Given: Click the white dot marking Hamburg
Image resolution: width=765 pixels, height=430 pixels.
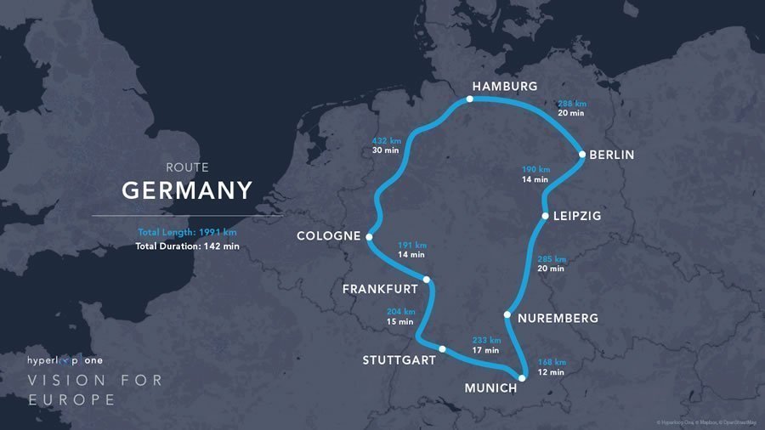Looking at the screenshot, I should point(468,99).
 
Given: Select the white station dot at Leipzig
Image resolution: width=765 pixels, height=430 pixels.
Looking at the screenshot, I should point(545,216).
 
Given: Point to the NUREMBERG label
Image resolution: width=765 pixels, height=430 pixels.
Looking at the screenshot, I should point(558,319).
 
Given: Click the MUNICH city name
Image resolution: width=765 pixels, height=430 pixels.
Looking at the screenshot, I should point(490,388).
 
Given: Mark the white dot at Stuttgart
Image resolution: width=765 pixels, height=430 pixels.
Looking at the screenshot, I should point(442,348).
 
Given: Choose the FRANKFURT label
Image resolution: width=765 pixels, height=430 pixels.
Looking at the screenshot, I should point(380,289).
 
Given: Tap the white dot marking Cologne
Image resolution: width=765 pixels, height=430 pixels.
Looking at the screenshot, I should point(369,237).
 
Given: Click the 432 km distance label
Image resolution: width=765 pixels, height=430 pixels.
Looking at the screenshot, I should point(385,140).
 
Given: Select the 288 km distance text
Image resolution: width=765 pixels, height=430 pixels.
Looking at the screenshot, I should point(572,104).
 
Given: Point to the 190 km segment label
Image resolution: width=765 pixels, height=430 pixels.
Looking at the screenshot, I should point(535,169).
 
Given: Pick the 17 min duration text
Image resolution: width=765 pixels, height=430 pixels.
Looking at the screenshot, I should point(486,350).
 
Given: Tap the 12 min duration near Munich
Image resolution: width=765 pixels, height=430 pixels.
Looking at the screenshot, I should point(551,372).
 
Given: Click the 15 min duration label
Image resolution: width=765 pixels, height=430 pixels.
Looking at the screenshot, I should point(400,321).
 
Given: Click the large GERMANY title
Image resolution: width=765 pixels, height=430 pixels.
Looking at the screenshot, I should point(187,190).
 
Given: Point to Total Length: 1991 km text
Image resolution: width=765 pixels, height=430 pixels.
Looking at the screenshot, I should point(187,232).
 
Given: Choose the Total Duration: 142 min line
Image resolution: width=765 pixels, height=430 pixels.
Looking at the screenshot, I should point(187,246).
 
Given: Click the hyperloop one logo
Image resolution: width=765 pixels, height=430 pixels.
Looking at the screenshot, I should point(76,360).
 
